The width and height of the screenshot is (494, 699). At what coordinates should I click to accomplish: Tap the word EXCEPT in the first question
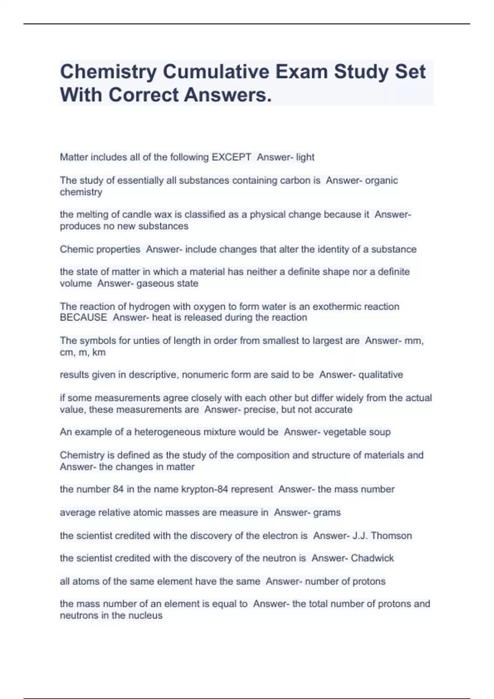tap(231, 157)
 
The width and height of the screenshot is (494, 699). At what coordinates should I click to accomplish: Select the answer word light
tap(305, 157)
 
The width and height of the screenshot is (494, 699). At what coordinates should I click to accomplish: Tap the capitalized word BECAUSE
tap(83, 317)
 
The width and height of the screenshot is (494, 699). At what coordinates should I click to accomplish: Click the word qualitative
tap(381, 375)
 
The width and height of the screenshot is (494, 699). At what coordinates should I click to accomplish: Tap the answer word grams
tap(327, 513)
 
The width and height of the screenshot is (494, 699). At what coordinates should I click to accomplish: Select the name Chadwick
tap(373, 558)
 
